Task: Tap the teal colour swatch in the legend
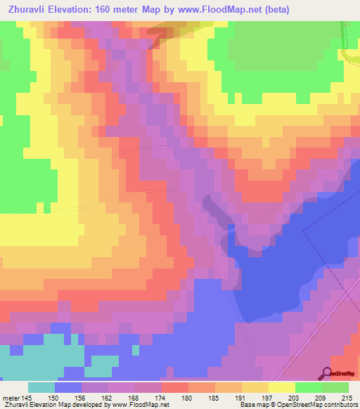[x=41, y=387]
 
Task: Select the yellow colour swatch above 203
[x=282, y=387]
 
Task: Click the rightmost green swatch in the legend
[x=335, y=387]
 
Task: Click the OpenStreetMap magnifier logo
[x=328, y=374]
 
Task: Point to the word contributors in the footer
[x=338, y=405]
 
